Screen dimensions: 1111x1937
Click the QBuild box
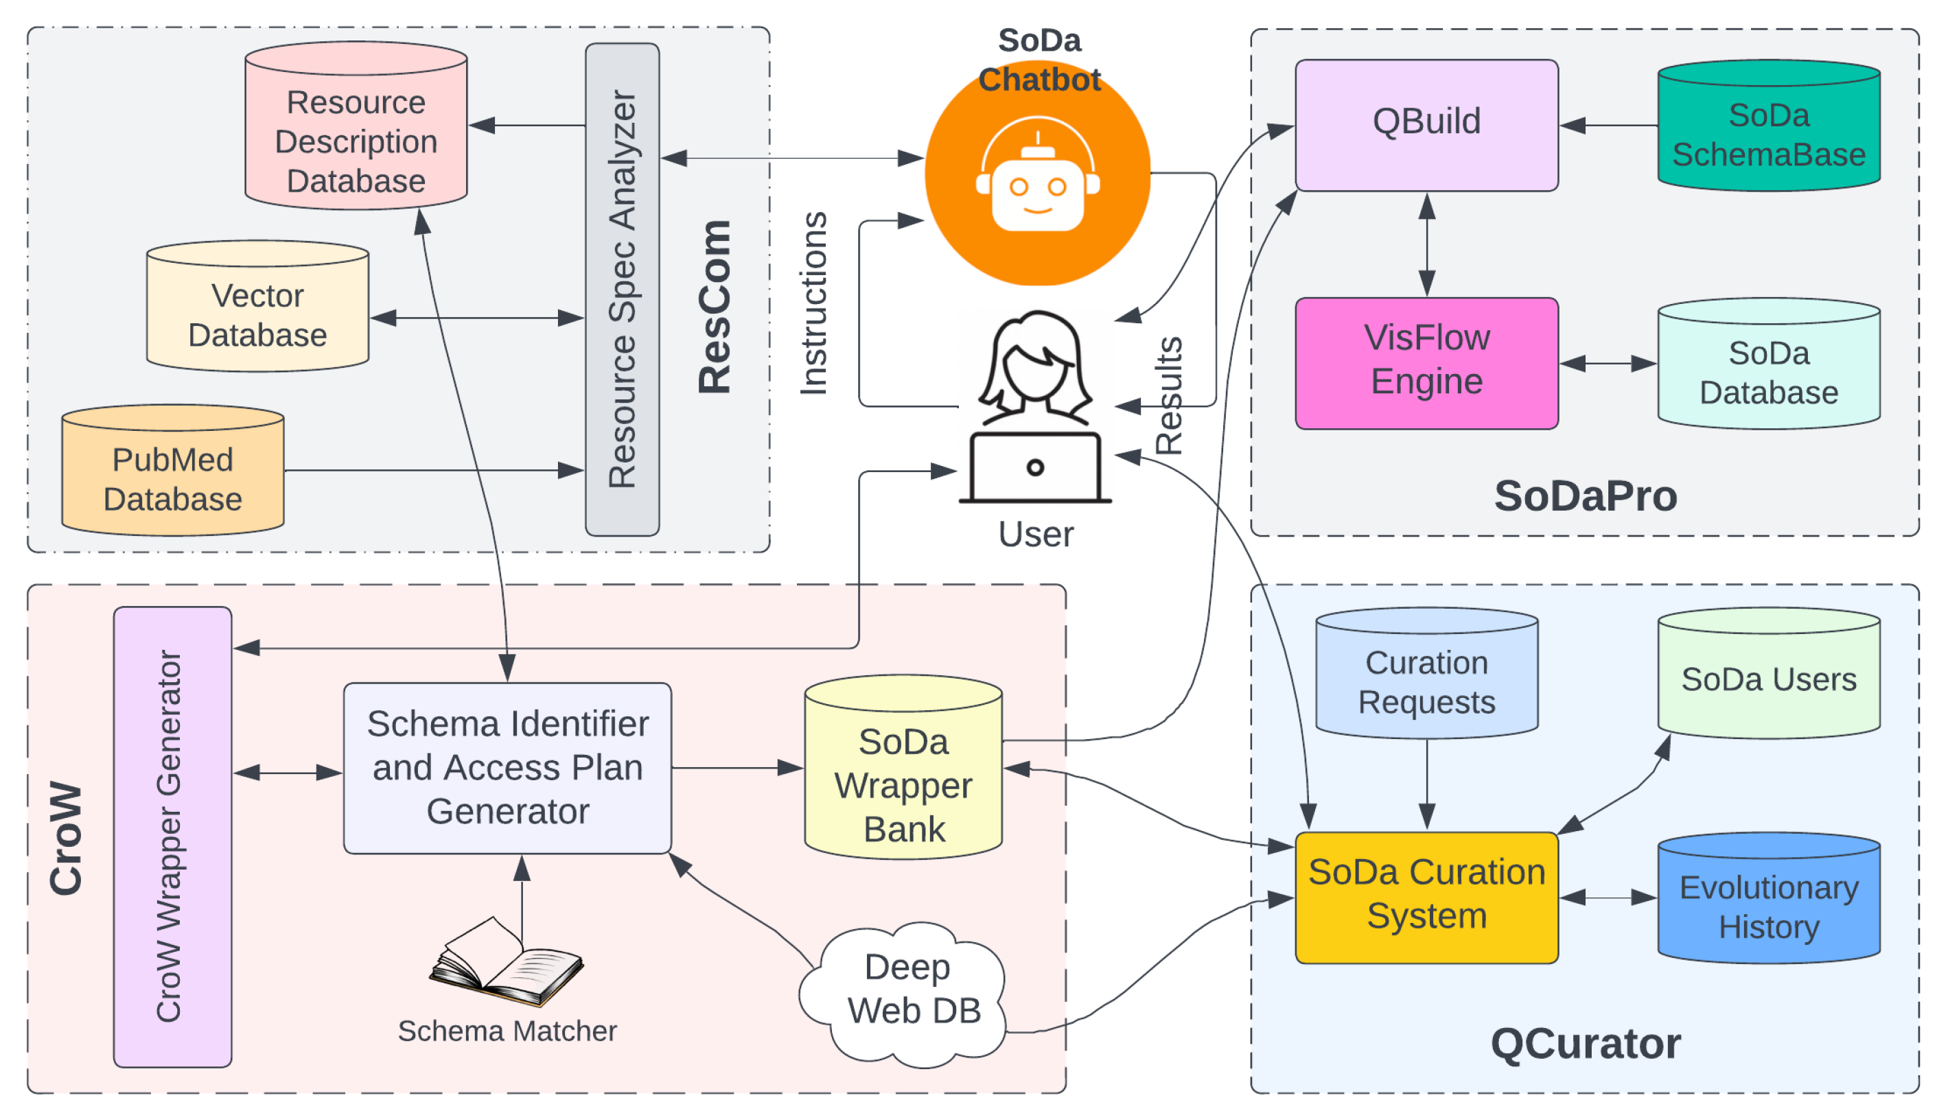click(x=1426, y=124)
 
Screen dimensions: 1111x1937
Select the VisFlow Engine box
click(x=1426, y=362)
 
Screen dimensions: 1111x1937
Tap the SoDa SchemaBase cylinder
click(x=1767, y=130)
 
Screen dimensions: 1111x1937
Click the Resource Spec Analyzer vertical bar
click(x=622, y=290)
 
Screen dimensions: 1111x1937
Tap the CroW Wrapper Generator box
click(x=172, y=836)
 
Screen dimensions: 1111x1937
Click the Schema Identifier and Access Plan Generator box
click(x=507, y=767)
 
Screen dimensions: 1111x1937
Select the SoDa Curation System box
click(x=1426, y=897)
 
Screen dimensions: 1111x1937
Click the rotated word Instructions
click(x=813, y=304)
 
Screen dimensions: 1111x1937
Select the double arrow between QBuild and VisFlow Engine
click(x=1426, y=244)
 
